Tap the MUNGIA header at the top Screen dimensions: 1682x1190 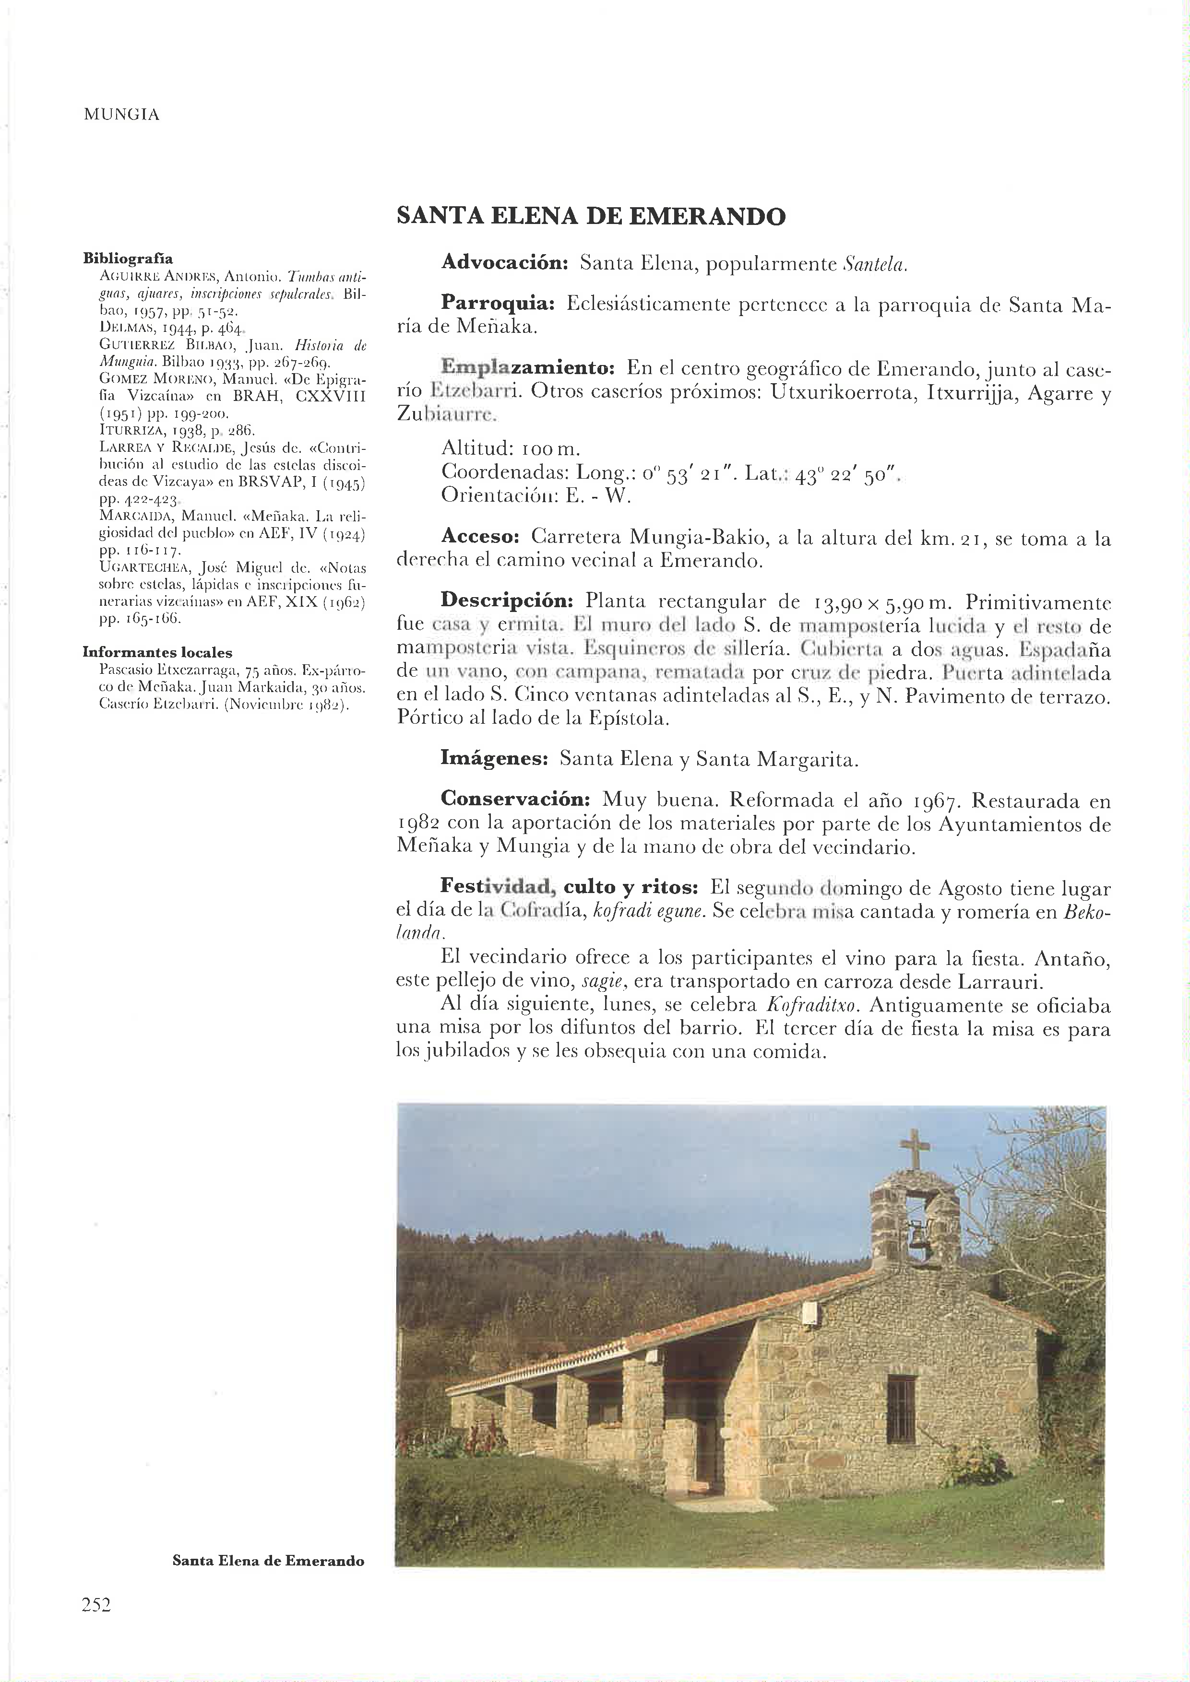click(121, 115)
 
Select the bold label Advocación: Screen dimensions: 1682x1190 click(505, 264)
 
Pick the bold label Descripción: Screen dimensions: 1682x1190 click(506, 601)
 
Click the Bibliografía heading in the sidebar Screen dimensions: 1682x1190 click(128, 259)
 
